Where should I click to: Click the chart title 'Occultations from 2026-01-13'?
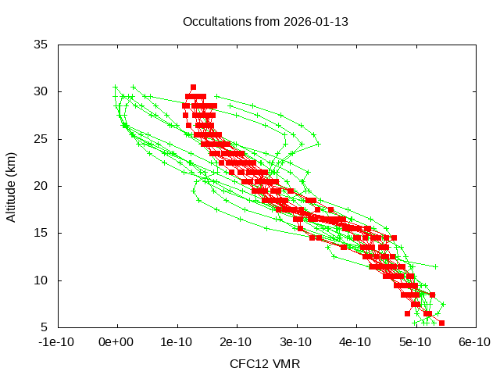(x=265, y=21)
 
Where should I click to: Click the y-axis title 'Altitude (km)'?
(x=12, y=186)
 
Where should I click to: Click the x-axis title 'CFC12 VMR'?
(x=265, y=364)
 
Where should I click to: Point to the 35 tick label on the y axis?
(x=41, y=45)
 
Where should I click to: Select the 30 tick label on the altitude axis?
(x=41, y=92)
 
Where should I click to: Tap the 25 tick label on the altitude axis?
(x=41, y=139)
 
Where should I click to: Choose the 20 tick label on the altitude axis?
(x=41, y=186)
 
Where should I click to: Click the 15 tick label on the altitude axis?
(x=41, y=233)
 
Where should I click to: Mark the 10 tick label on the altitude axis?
(x=41, y=280)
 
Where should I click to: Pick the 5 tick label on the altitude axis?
(x=45, y=327)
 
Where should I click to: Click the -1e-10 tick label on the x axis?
(x=58, y=342)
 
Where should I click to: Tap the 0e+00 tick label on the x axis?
(x=117, y=342)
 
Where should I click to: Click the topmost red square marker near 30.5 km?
(x=193, y=87)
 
